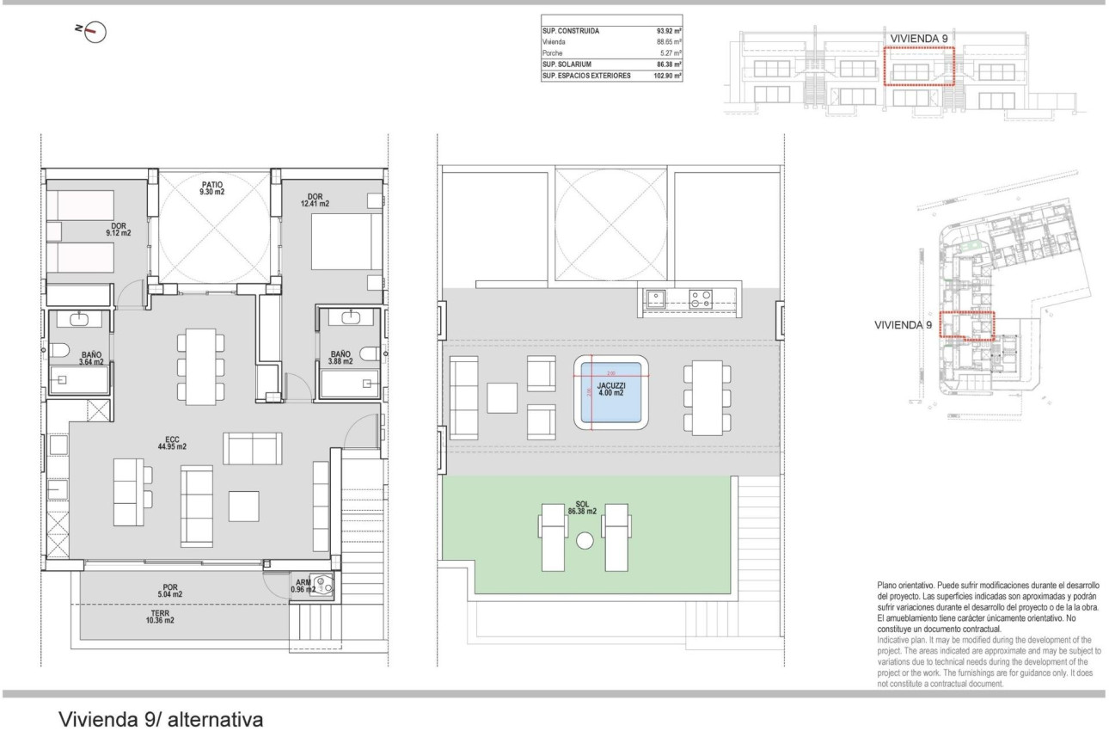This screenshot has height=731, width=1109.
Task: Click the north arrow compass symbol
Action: tap(95, 32)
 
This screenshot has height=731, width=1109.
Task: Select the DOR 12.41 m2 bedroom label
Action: tap(314, 200)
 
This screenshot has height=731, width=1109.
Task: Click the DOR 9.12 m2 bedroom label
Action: tap(118, 229)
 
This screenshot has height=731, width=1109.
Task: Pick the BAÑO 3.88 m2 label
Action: tap(340, 357)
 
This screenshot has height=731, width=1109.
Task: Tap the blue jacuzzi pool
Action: tap(611, 392)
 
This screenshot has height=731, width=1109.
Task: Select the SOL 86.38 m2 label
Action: tap(582, 507)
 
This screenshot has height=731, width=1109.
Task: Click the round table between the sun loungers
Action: tap(585, 541)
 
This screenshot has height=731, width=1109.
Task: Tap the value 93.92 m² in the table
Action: tap(669, 31)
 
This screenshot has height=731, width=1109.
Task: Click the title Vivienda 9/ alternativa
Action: tap(160, 718)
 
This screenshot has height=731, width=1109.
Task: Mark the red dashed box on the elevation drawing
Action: tap(919, 66)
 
